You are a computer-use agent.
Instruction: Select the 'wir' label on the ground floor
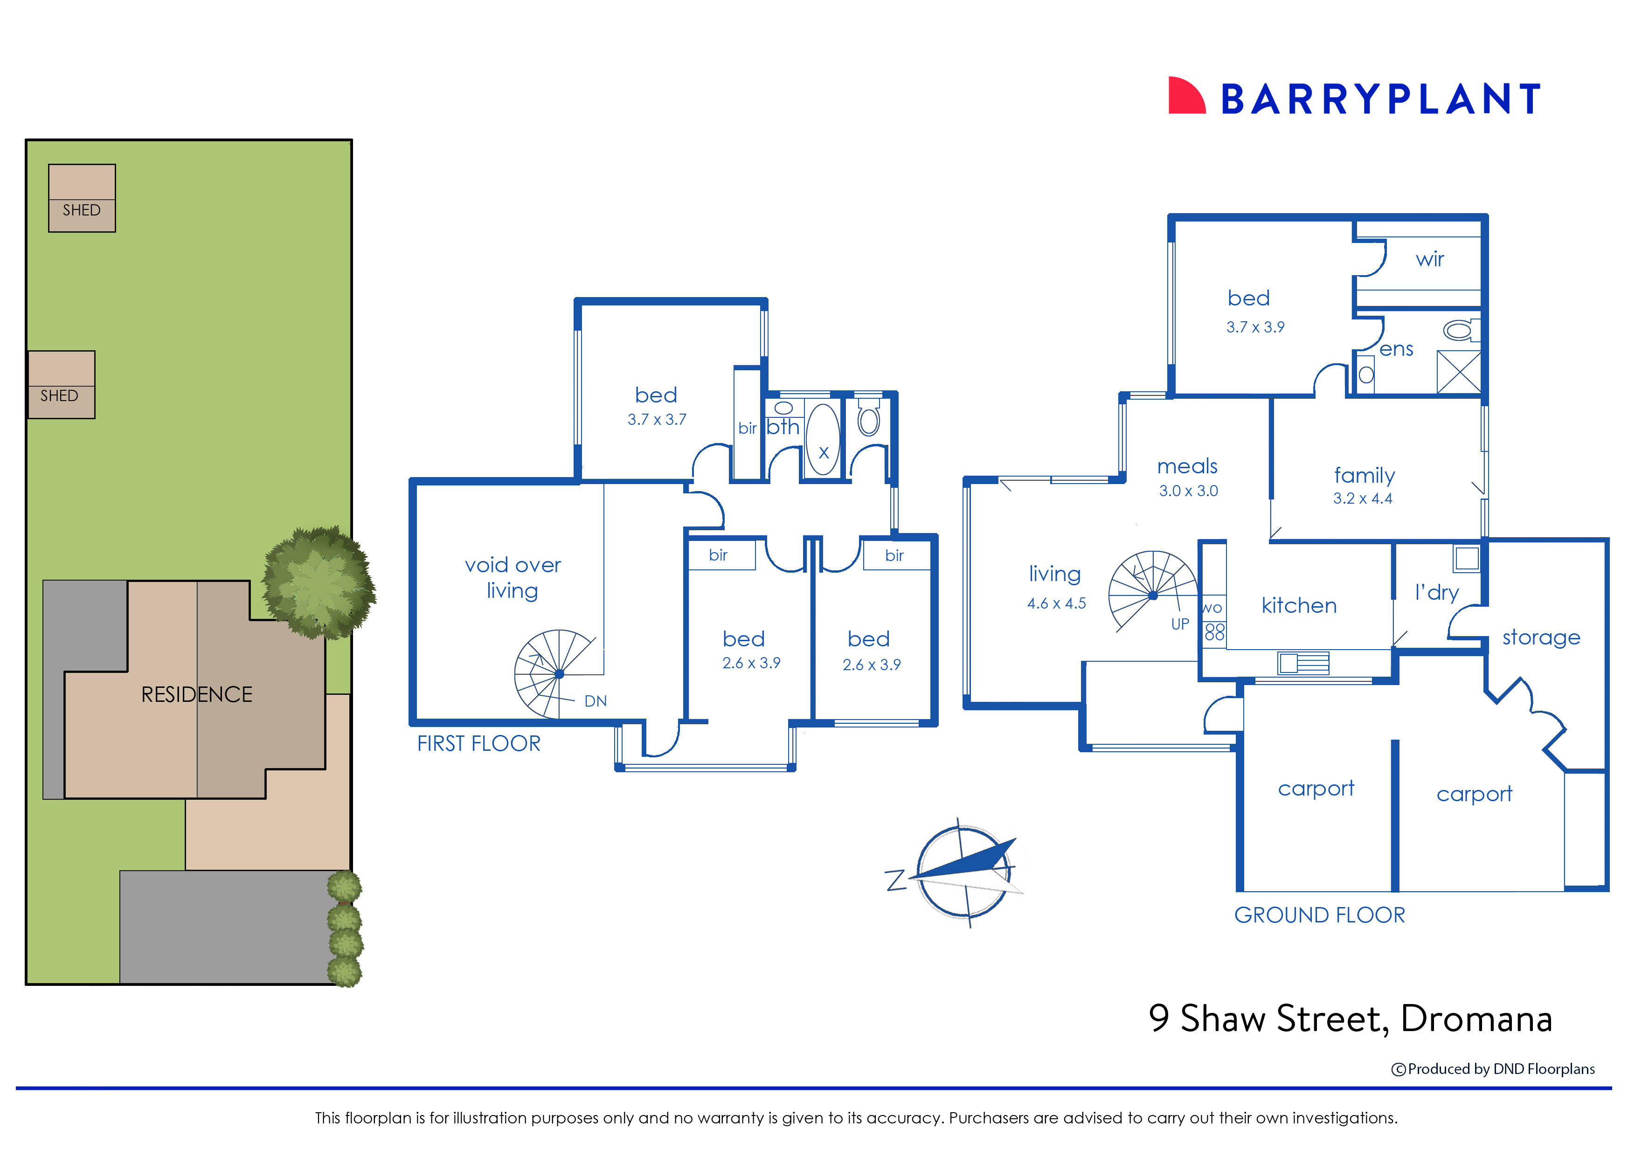1429,259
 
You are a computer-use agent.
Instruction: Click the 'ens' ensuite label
1396,349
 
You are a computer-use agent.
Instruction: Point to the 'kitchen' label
1298,606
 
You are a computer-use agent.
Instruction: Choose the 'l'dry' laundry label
1436,592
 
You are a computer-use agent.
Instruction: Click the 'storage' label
1541,637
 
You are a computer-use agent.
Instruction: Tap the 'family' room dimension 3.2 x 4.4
1362,499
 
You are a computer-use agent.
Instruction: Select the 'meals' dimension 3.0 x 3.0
1188,491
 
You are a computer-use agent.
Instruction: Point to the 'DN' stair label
595,701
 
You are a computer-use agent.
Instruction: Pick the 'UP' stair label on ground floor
1180,624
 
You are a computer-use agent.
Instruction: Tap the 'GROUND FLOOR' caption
1319,915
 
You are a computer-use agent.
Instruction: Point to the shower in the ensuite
1458,371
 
